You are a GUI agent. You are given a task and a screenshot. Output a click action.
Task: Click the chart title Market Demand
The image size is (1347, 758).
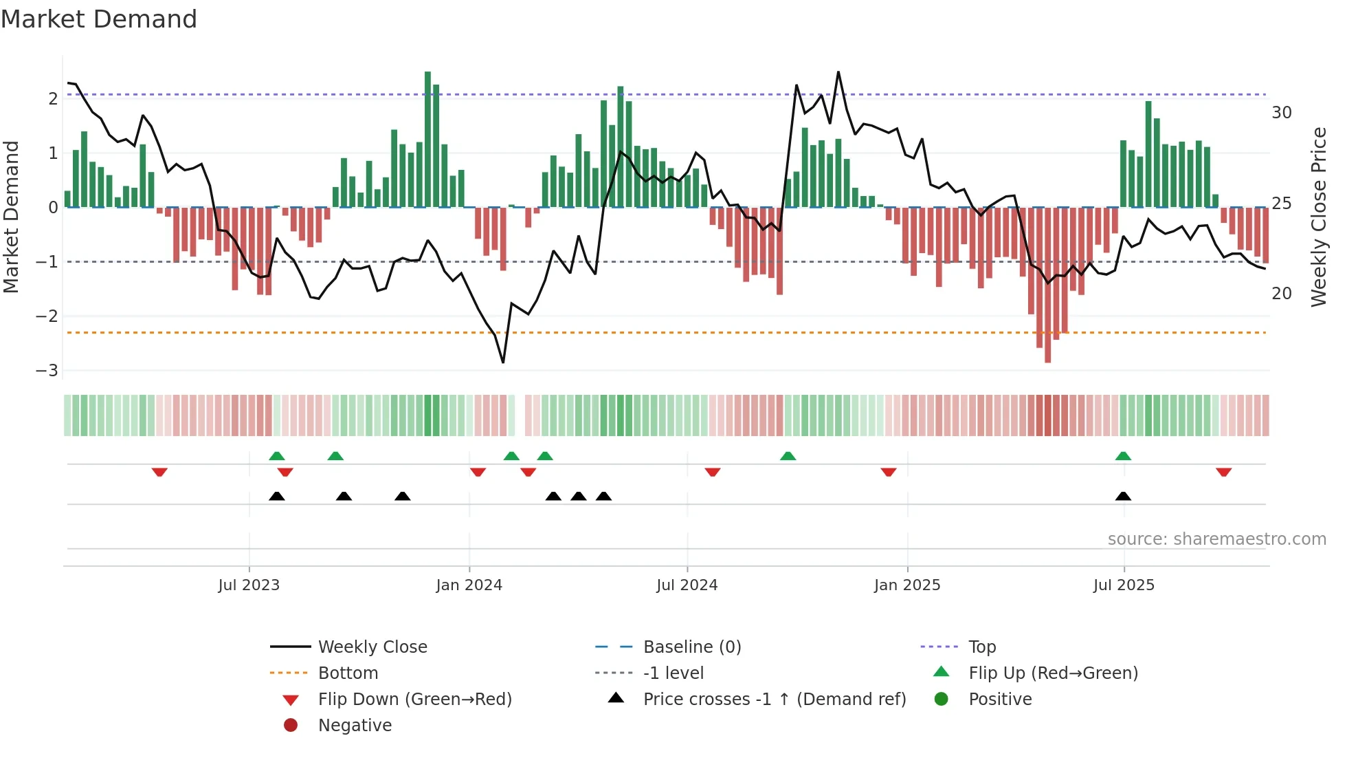(x=99, y=19)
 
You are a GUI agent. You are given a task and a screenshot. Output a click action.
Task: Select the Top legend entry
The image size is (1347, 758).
(x=981, y=647)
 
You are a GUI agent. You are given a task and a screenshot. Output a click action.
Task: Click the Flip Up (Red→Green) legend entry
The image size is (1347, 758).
(x=1053, y=673)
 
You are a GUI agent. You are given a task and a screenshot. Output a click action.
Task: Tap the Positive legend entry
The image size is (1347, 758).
(x=1000, y=699)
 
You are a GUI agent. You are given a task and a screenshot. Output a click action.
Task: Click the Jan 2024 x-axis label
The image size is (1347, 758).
(x=469, y=585)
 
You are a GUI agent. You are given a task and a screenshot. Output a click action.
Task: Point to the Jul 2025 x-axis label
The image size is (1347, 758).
(x=1124, y=585)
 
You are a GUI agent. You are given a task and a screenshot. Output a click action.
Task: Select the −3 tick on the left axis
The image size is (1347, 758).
(x=47, y=371)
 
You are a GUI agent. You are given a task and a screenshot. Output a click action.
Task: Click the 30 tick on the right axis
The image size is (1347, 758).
(x=1282, y=113)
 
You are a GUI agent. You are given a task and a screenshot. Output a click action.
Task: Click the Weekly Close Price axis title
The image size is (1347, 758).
(x=1318, y=217)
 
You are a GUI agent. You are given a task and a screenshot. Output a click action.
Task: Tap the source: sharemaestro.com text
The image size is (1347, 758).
(x=1216, y=539)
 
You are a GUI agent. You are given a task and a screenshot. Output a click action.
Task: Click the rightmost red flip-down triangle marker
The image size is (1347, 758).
(x=1223, y=472)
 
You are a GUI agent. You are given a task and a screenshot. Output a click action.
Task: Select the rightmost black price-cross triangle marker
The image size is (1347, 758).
(x=1123, y=496)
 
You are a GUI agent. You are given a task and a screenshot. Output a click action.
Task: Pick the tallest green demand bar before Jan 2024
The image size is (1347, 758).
(x=427, y=138)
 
